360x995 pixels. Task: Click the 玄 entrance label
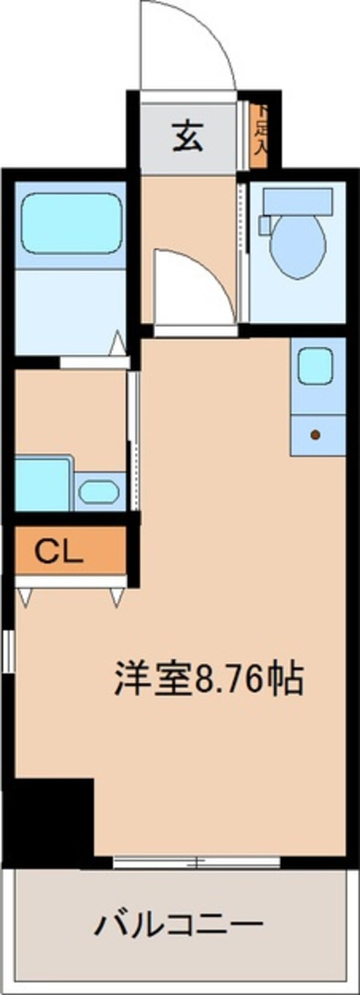click(x=188, y=136)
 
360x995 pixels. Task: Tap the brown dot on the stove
click(x=315, y=435)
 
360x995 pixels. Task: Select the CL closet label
click(x=58, y=552)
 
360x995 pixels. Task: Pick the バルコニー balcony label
click(x=178, y=924)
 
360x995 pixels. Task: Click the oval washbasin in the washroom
click(x=99, y=492)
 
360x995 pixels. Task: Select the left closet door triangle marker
click(x=26, y=598)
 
